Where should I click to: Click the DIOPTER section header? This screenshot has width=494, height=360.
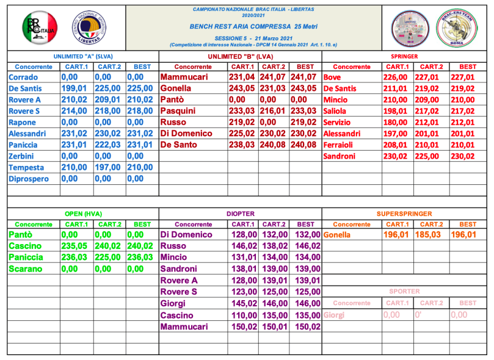pyautogui.click(x=240, y=214)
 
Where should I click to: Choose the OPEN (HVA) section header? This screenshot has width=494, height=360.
pyautogui.click(x=82, y=214)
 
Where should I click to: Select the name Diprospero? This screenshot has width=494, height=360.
pyautogui.click(x=31, y=179)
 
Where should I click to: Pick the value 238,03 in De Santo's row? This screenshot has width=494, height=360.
pyautogui.click(x=242, y=145)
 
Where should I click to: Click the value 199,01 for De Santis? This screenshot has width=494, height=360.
pyautogui.click(x=75, y=88)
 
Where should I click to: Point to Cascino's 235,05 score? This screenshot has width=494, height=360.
pyautogui.click(x=75, y=247)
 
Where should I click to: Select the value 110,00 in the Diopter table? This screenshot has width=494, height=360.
pyautogui.click(x=242, y=315)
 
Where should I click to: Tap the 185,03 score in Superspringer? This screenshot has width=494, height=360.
pyautogui.click(x=430, y=235)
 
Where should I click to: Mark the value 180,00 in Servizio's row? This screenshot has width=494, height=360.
pyautogui.click(x=397, y=123)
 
